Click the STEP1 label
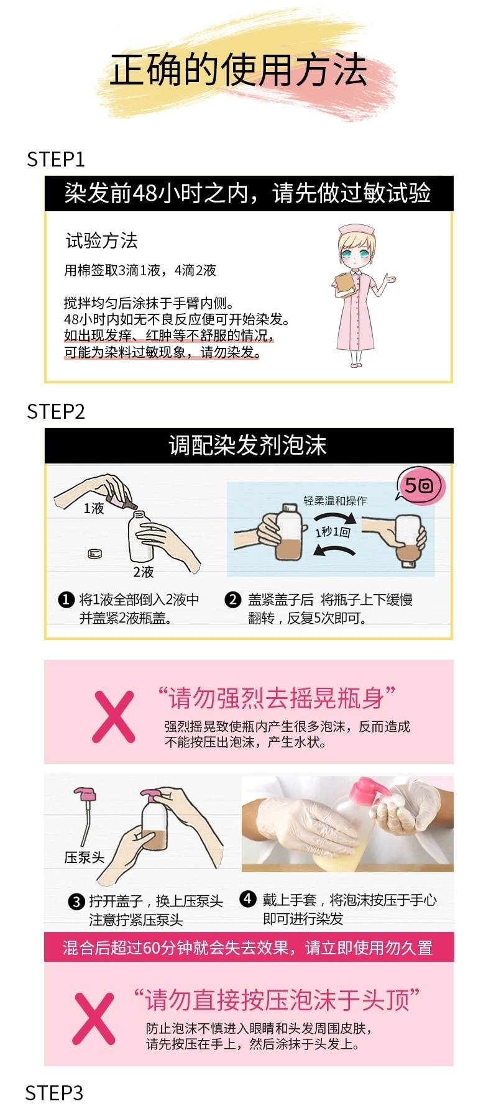tap(55, 160)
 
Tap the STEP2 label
tap(55, 411)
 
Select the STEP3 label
tap(54, 1092)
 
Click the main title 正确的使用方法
tap(239, 70)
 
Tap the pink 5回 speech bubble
tap(420, 485)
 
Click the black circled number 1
tap(66, 600)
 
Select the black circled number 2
tap(232, 600)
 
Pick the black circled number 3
tap(76, 901)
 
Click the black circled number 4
tap(247, 898)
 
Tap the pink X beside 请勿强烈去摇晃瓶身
tap(114, 716)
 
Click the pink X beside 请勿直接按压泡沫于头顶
tap(94, 1018)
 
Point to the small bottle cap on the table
tap(94, 553)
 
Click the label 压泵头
tap(85, 857)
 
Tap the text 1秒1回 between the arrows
tap(333, 532)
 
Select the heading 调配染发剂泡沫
tap(247, 445)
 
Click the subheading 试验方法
tap(102, 240)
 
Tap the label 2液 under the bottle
tap(143, 572)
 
